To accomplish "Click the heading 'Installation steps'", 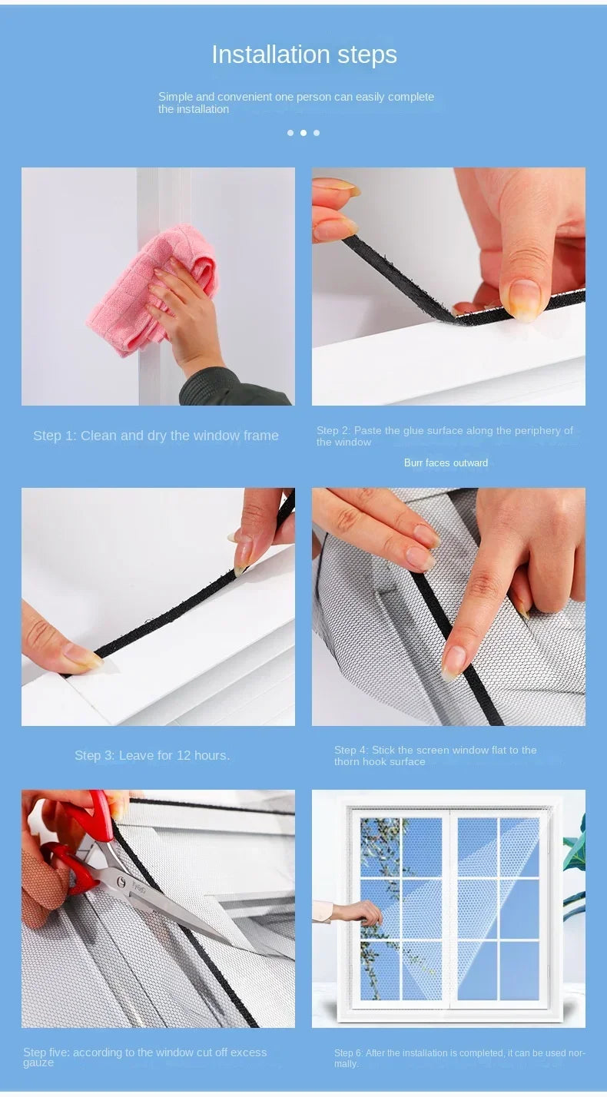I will pos(303,55).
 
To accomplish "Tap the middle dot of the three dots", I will pos(303,133).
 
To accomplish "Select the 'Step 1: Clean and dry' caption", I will pos(155,436).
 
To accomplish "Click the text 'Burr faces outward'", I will pos(446,463).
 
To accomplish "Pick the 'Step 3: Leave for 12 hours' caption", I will pos(152,756).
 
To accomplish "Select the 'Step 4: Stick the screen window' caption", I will pos(435,756).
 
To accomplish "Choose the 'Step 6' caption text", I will pos(459,1058).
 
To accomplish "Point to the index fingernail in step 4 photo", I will pos(453,661).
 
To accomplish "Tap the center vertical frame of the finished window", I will pos(449,906).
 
